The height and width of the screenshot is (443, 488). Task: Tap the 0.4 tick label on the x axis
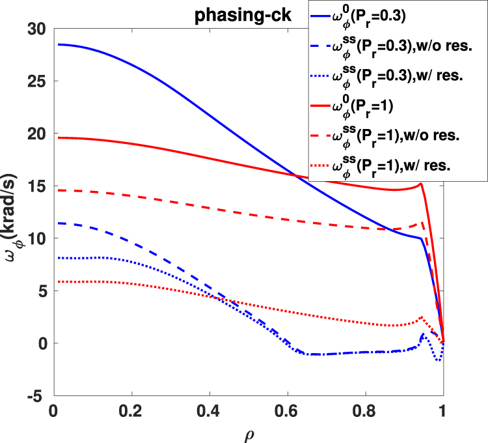[210, 412]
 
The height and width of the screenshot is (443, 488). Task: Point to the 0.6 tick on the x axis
[288, 412]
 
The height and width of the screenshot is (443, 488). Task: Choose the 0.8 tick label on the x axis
[366, 412]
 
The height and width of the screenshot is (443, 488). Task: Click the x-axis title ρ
[249, 433]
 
